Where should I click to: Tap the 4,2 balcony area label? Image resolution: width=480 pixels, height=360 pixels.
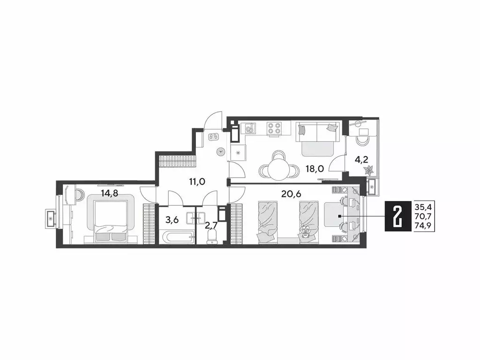[361, 159]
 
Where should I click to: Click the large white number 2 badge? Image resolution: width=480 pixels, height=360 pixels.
[398, 217]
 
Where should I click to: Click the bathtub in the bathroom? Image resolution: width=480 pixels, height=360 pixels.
[174, 236]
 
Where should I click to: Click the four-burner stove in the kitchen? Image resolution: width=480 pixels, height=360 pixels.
[273, 129]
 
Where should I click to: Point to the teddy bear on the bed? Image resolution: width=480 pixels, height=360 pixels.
[306, 232]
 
